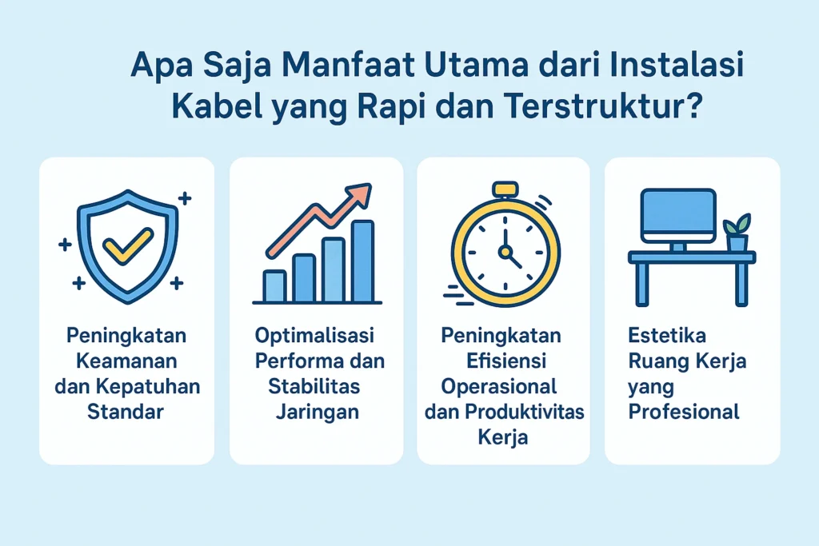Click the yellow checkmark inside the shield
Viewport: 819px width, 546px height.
tap(127, 245)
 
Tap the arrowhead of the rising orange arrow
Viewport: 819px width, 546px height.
tap(359, 195)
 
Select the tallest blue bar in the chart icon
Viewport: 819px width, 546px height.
tap(362, 261)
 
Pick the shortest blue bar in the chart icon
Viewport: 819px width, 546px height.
tap(274, 286)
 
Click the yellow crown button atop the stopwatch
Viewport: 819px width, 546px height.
tap(505, 189)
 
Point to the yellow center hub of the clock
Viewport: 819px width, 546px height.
tap(505, 252)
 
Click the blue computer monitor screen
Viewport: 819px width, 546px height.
tap(678, 215)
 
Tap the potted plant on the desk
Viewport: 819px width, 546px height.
tap(737, 233)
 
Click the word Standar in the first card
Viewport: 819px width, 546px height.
tap(126, 412)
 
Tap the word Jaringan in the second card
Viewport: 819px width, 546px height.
tap(317, 412)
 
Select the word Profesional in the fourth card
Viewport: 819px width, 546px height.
tap(684, 412)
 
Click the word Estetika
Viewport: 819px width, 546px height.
tap(667, 335)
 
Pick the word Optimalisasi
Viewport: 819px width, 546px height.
tap(314, 336)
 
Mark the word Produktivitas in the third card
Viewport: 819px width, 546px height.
tap(525, 412)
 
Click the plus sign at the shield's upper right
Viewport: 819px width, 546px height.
tap(185, 198)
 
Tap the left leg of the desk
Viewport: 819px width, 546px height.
tap(642, 284)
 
